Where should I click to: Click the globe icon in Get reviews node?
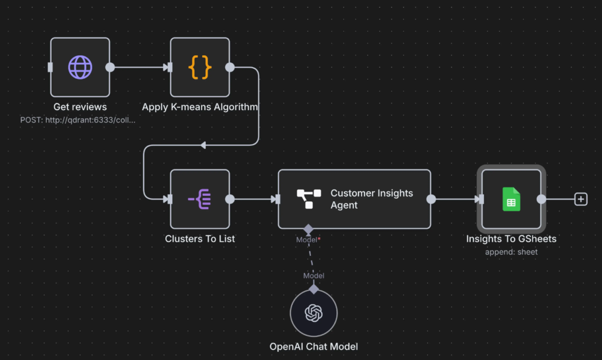[x=80, y=67]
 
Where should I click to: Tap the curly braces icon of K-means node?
[x=200, y=67]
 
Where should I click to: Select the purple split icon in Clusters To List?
[x=200, y=199]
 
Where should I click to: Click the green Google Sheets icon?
[x=511, y=199]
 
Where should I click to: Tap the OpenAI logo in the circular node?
[x=314, y=313]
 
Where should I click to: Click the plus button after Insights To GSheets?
[x=581, y=199]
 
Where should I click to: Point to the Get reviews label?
[x=80, y=107]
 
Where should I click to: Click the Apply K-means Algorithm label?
[x=200, y=107]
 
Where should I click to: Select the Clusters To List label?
[x=200, y=239]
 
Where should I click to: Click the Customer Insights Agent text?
[x=372, y=199]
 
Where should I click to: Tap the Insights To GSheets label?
[x=511, y=239]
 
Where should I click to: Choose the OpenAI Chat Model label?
[x=313, y=346]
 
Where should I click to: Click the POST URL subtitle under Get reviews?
[x=78, y=119]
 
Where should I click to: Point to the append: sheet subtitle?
[x=511, y=252]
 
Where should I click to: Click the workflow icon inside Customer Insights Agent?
[x=309, y=199]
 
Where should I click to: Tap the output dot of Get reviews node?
[x=110, y=67]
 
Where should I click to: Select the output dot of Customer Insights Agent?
[x=431, y=199]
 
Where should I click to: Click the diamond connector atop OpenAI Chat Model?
[x=314, y=289]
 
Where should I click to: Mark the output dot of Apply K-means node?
[x=230, y=67]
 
